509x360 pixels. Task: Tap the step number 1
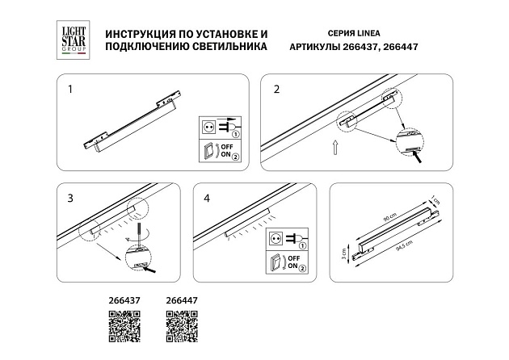tap(69, 89)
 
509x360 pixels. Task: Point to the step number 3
tap(69, 198)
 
